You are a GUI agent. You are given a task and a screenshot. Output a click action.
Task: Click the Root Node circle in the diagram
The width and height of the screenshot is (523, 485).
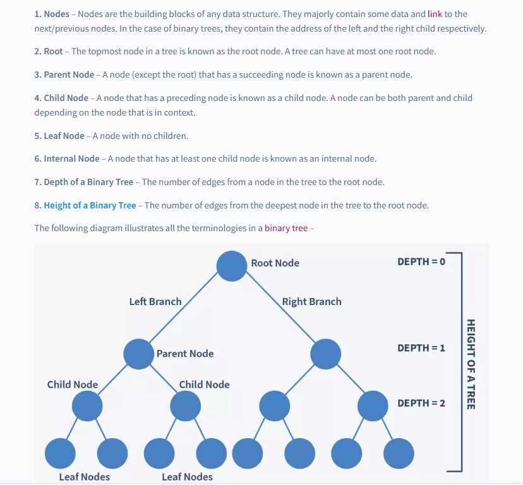coord(232,266)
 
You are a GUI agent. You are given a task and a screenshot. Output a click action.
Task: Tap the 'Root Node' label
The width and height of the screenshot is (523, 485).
coord(275,263)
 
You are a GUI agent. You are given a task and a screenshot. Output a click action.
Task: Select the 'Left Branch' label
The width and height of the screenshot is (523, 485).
coord(155,302)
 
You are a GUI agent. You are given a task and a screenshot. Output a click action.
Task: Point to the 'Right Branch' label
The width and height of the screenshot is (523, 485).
coord(311,302)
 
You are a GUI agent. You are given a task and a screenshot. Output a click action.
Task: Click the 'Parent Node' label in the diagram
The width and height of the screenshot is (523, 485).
coord(185,354)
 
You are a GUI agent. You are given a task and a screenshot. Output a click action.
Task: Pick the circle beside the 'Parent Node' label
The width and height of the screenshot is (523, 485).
coord(138,354)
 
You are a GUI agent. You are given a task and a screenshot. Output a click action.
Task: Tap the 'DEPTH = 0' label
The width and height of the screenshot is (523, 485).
coord(421,261)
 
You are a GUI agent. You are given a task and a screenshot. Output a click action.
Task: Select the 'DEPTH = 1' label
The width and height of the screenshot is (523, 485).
coord(421,348)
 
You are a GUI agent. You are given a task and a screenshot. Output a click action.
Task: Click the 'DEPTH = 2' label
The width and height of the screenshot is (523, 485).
coord(421,403)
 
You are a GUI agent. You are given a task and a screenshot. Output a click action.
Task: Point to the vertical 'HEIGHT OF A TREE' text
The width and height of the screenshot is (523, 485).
coord(471,364)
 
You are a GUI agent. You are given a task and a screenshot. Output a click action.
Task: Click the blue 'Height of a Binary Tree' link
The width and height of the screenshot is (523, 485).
coord(90,205)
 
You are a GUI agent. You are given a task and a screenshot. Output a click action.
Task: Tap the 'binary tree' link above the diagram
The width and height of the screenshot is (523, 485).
coord(286,228)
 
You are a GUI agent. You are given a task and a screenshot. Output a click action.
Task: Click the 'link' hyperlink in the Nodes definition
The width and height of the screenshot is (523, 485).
coord(435,14)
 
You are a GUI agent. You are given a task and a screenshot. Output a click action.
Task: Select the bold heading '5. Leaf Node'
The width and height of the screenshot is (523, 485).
coord(59,136)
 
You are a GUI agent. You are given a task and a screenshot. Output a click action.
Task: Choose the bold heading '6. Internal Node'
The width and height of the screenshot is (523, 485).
coord(67,159)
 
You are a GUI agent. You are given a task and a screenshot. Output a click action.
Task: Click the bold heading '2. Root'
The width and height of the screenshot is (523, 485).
coord(49,52)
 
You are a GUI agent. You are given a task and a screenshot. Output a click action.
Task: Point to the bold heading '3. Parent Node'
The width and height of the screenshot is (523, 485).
coord(64,75)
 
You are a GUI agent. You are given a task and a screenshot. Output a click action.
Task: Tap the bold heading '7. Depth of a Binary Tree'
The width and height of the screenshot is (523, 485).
coord(84,182)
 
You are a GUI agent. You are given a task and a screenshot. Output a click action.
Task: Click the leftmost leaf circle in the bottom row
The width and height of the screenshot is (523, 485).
coord(61,452)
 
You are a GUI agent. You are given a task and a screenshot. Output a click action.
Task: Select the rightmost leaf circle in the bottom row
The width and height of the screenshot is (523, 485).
coord(399,452)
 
